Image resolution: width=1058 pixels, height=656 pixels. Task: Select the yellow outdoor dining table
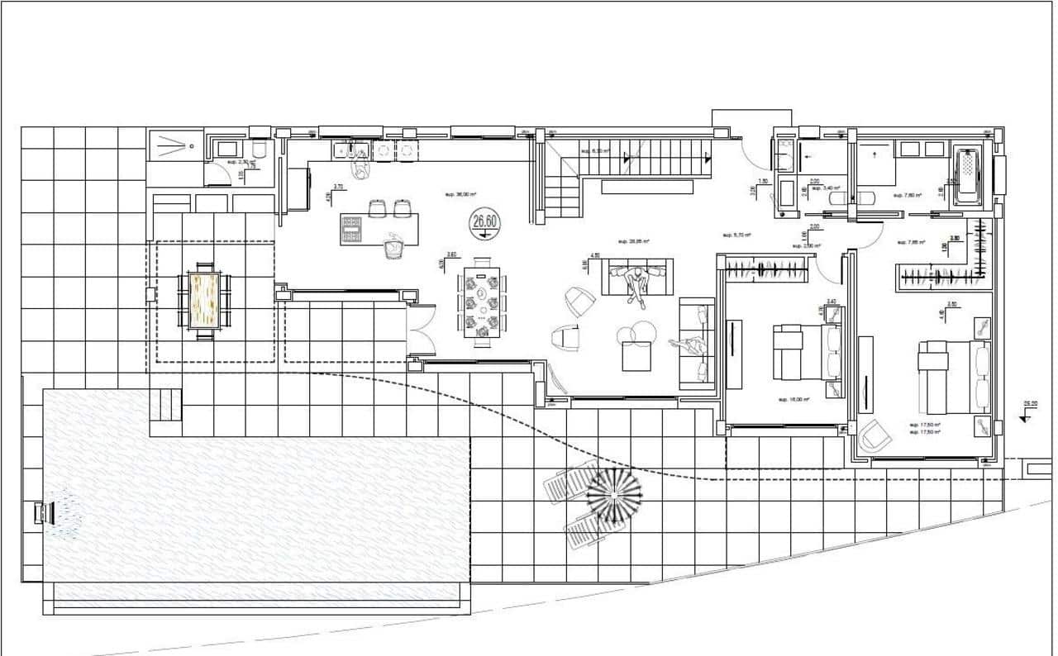tap(204, 299)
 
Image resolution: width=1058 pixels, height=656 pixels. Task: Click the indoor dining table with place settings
tap(481, 302)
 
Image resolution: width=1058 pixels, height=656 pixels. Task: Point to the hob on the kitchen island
tap(352, 229)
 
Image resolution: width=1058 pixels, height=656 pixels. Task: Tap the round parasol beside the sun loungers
tap(614, 495)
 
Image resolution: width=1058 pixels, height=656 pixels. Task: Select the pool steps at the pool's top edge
tap(165, 406)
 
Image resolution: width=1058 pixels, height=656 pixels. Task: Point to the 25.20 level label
tap(1030, 405)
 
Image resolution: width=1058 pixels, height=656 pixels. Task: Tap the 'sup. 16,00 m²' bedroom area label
tap(793, 399)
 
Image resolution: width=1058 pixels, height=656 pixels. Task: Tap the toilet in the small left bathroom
tap(259, 150)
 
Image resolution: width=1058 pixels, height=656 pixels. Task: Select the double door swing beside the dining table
tap(422, 330)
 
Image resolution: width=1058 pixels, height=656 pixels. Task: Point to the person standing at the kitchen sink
tap(361, 169)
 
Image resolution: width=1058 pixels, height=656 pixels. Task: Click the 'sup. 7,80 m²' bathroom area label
tap(908, 196)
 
